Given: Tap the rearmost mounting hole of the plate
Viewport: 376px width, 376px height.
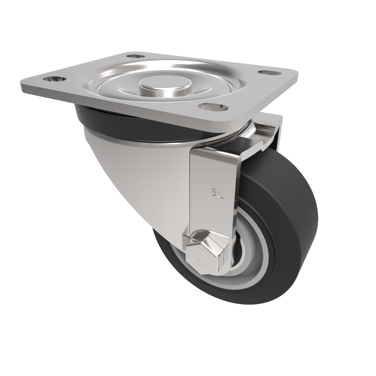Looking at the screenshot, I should pyautogui.click(x=137, y=56).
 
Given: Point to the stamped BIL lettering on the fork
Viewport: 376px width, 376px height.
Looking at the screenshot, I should pyautogui.click(x=216, y=192).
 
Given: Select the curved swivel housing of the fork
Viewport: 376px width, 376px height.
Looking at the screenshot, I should pyautogui.click(x=136, y=174).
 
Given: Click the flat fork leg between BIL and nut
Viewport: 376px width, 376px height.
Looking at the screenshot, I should pyautogui.click(x=214, y=216).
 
